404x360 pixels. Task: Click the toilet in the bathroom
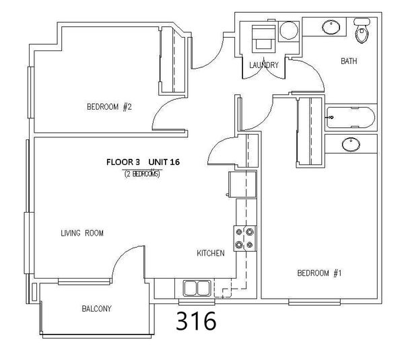[362, 30]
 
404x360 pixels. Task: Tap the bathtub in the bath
[351, 118]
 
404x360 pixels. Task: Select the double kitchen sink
[197, 288]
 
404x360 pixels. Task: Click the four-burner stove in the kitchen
[245, 238]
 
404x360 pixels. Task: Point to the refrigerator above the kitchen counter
[242, 184]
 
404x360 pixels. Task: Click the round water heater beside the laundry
[289, 30]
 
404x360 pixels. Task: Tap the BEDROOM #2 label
[109, 106]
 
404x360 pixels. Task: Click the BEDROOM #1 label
[319, 273]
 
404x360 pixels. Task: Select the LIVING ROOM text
[82, 233]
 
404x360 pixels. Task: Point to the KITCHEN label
[211, 253]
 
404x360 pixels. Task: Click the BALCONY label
[96, 308]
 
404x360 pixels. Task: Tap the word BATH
[349, 61]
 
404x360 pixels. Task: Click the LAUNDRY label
[264, 65]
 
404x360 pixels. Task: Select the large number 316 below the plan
[196, 320]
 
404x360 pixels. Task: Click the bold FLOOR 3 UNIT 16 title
[143, 162]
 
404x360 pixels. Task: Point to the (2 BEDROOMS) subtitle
[142, 174]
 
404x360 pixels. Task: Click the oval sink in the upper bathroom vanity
[331, 27]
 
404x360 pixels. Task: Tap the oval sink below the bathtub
[351, 144]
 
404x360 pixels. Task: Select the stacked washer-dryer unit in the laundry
[263, 38]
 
